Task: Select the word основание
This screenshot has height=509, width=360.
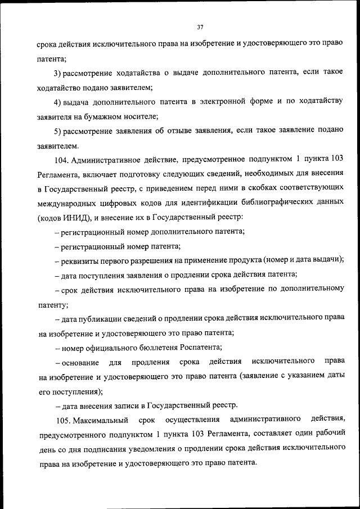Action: (80, 361)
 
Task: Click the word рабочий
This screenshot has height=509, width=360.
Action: (327, 434)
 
